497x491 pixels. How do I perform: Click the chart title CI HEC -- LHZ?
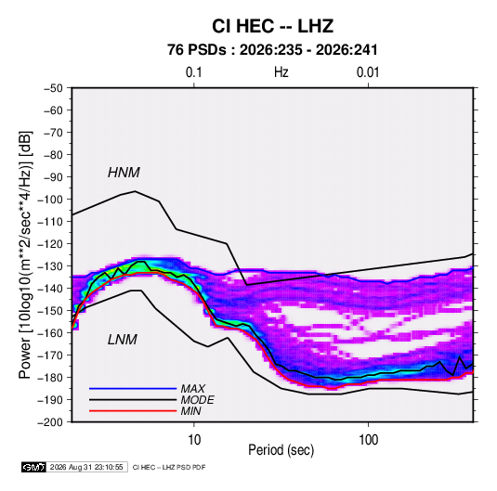(x=272, y=26)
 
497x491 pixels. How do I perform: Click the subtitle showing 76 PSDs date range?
(x=272, y=50)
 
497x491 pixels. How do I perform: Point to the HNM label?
(x=124, y=173)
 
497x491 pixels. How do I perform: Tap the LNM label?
(x=123, y=340)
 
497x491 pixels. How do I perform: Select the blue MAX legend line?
(x=133, y=388)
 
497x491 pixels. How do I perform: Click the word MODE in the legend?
(x=198, y=400)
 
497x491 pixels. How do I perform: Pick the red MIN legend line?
(x=133, y=411)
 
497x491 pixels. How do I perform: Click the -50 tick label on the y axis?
(x=53, y=88)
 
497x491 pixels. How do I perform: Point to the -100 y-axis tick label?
(x=50, y=200)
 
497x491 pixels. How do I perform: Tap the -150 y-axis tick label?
(x=50, y=311)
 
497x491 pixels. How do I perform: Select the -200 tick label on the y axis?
(x=50, y=422)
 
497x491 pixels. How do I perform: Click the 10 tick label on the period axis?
(x=194, y=440)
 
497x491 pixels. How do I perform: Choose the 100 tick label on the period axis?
(x=368, y=440)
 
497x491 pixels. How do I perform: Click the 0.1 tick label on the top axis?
(x=193, y=72)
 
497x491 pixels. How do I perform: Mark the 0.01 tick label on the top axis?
(x=368, y=72)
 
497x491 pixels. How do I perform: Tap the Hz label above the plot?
(x=281, y=72)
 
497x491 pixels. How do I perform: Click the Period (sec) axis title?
(x=281, y=450)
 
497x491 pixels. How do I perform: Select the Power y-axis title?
(x=25, y=255)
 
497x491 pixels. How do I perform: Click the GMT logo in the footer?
(x=34, y=467)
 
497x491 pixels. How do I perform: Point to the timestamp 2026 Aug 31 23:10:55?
(x=86, y=467)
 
